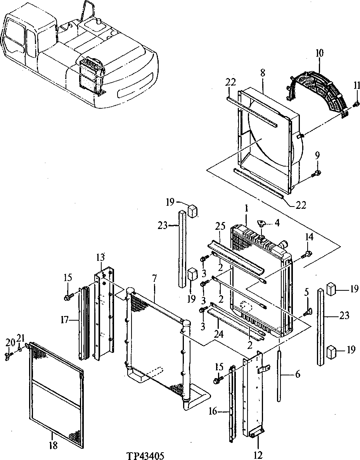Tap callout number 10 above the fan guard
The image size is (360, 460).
[319, 53]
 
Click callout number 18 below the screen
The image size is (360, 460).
[54, 446]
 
